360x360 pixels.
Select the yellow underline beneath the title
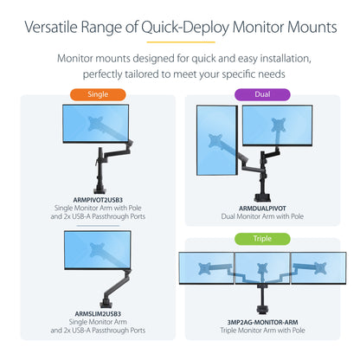(180, 40)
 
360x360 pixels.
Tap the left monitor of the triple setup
(205, 269)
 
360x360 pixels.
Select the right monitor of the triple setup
(318, 269)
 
